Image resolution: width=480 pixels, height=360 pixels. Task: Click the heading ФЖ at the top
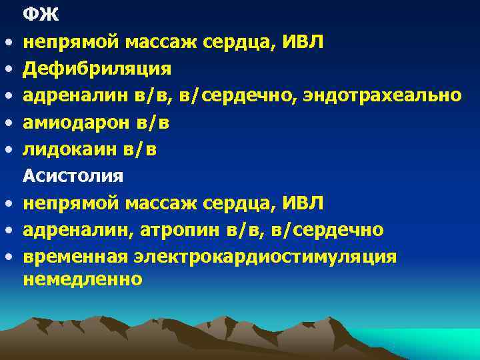(41, 13)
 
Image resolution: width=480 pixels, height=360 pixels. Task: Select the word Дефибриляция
(97, 69)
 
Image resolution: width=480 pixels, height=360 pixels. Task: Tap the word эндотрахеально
(382, 95)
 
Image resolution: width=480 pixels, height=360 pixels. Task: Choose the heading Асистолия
(73, 176)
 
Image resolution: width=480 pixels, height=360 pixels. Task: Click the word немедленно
(83, 279)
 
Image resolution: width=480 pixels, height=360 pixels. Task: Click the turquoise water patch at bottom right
(427, 340)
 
